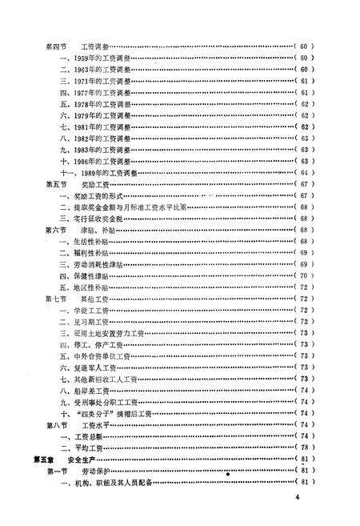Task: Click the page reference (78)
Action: [305, 447]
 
